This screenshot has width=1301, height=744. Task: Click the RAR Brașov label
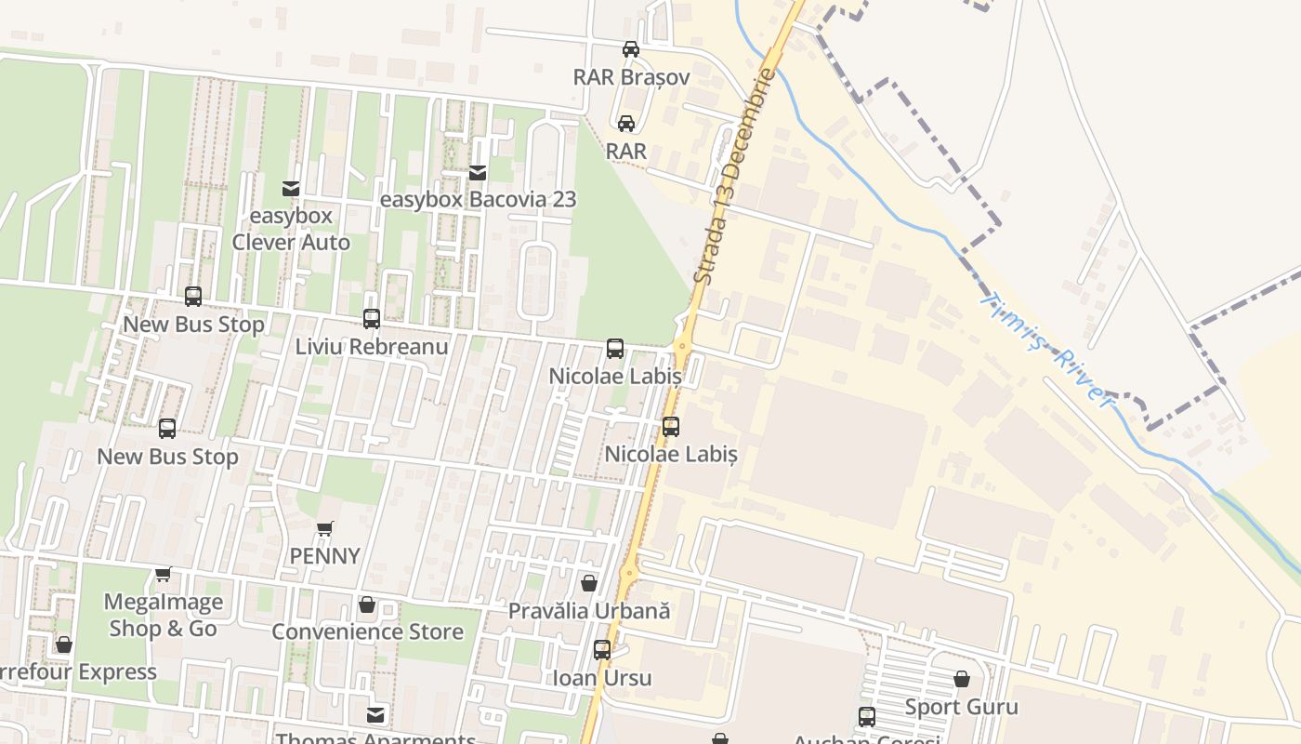pyautogui.click(x=631, y=76)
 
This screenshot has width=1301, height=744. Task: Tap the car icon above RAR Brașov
pyautogui.click(x=631, y=48)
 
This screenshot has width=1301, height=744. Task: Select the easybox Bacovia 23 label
pyautogui.click(x=478, y=199)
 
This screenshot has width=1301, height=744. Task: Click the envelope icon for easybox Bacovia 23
pyautogui.click(x=478, y=172)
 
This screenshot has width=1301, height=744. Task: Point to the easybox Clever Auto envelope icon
pyautogui.click(x=291, y=188)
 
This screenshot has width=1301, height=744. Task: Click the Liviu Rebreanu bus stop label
pyautogui.click(x=372, y=347)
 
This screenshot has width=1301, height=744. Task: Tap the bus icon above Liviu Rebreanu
pyautogui.click(x=372, y=319)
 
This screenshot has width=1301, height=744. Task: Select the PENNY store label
pyautogui.click(x=324, y=556)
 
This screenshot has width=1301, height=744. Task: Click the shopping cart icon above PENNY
pyautogui.click(x=324, y=528)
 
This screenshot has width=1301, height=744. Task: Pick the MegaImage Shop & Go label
pyautogui.click(x=164, y=615)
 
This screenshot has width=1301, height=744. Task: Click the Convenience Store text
pyautogui.click(x=367, y=632)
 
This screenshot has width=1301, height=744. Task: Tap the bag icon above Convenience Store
pyautogui.click(x=367, y=605)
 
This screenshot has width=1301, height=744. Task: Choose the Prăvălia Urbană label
pyautogui.click(x=588, y=611)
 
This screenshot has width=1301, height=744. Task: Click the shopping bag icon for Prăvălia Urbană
pyautogui.click(x=588, y=583)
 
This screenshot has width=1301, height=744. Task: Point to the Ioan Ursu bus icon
pyautogui.click(x=602, y=650)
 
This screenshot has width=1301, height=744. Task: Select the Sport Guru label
pyautogui.click(x=962, y=707)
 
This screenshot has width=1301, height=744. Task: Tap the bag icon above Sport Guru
pyautogui.click(x=962, y=679)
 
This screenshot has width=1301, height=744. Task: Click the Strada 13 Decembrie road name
pyautogui.click(x=734, y=177)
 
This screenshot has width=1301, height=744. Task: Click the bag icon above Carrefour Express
pyautogui.click(x=64, y=644)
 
